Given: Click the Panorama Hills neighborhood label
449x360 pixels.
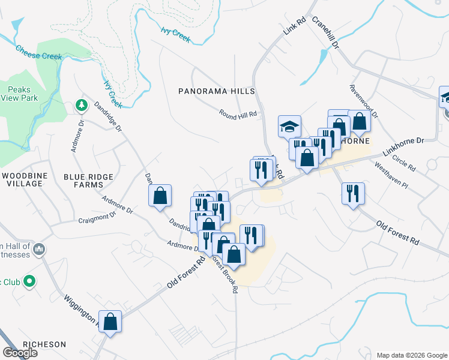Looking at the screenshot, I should point(217,91).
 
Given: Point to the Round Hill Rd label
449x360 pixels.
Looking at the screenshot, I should point(238,113).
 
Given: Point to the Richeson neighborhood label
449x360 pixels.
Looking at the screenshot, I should point(44,344).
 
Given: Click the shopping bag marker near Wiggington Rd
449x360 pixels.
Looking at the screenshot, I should point(110,322).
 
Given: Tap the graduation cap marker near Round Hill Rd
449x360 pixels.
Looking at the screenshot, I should point(289,127).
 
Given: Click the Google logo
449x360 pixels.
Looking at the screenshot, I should point(20,352).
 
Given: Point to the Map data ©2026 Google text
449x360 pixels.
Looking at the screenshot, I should point(412,355).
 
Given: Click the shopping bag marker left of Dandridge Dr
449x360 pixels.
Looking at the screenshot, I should point(160,196).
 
